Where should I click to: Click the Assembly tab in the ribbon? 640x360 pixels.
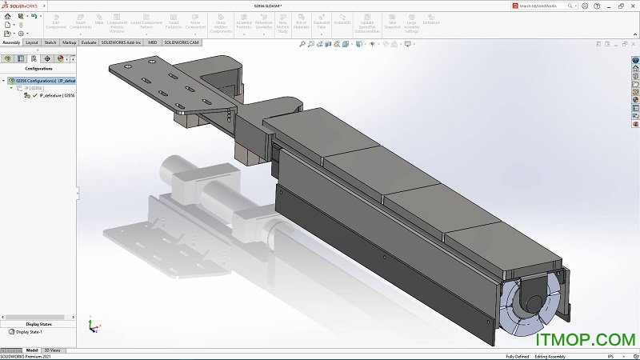pyautogui.click(x=11, y=42)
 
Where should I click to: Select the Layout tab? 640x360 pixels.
pyautogui.click(x=32, y=42)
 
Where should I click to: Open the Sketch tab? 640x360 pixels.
pyautogui.click(x=50, y=42)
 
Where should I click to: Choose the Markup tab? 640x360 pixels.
pyautogui.click(x=70, y=42)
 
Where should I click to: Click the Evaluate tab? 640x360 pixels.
pyautogui.click(x=90, y=42)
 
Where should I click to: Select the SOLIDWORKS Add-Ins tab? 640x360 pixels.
pyautogui.click(x=121, y=42)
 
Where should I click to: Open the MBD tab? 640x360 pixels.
pyautogui.click(x=152, y=42)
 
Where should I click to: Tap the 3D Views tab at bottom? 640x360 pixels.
pyautogui.click(x=52, y=350)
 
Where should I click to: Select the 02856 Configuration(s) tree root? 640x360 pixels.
pyautogui.click(x=45, y=81)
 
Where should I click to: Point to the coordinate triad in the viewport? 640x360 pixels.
pyautogui.click(x=92, y=326)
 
